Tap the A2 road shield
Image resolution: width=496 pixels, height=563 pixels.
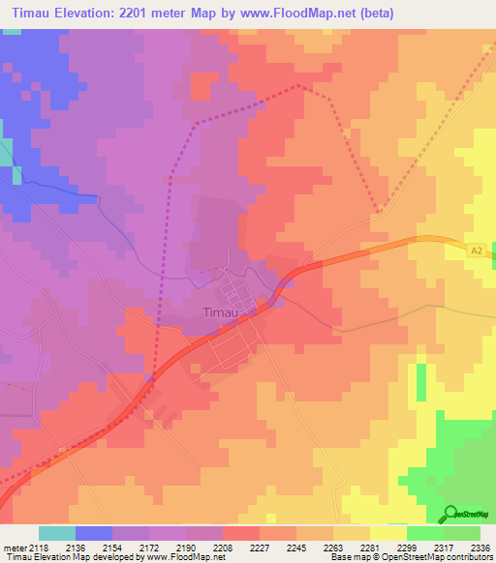[476, 251]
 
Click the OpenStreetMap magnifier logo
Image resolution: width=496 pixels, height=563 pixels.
[449, 513]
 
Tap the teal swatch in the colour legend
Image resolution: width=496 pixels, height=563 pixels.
[56, 534]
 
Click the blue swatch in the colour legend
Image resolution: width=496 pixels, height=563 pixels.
[94, 534]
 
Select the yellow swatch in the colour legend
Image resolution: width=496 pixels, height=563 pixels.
[387, 534]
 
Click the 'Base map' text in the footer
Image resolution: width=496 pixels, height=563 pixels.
[346, 557]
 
